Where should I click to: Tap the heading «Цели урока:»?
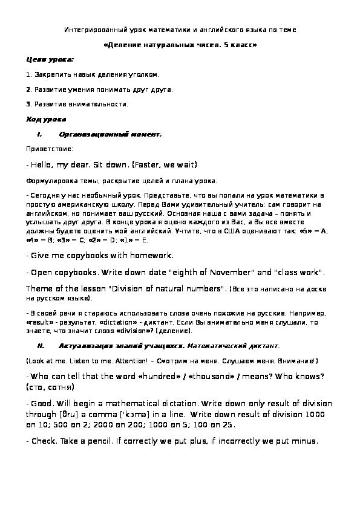(x=50, y=60)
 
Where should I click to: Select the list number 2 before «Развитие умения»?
(x=28, y=89)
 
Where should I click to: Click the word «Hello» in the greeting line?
(x=44, y=164)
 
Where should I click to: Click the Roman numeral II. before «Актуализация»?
(x=41, y=346)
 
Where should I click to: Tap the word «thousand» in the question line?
(x=216, y=377)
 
